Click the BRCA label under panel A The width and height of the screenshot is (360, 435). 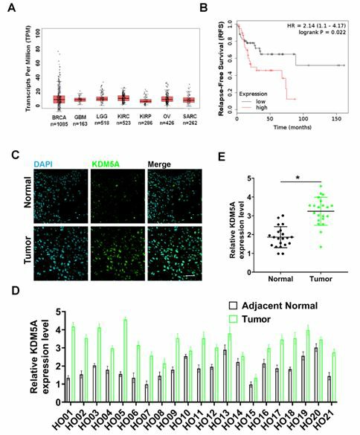click(60, 117)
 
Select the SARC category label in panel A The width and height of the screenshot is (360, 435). click(189, 117)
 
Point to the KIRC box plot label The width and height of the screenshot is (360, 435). click(123, 117)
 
